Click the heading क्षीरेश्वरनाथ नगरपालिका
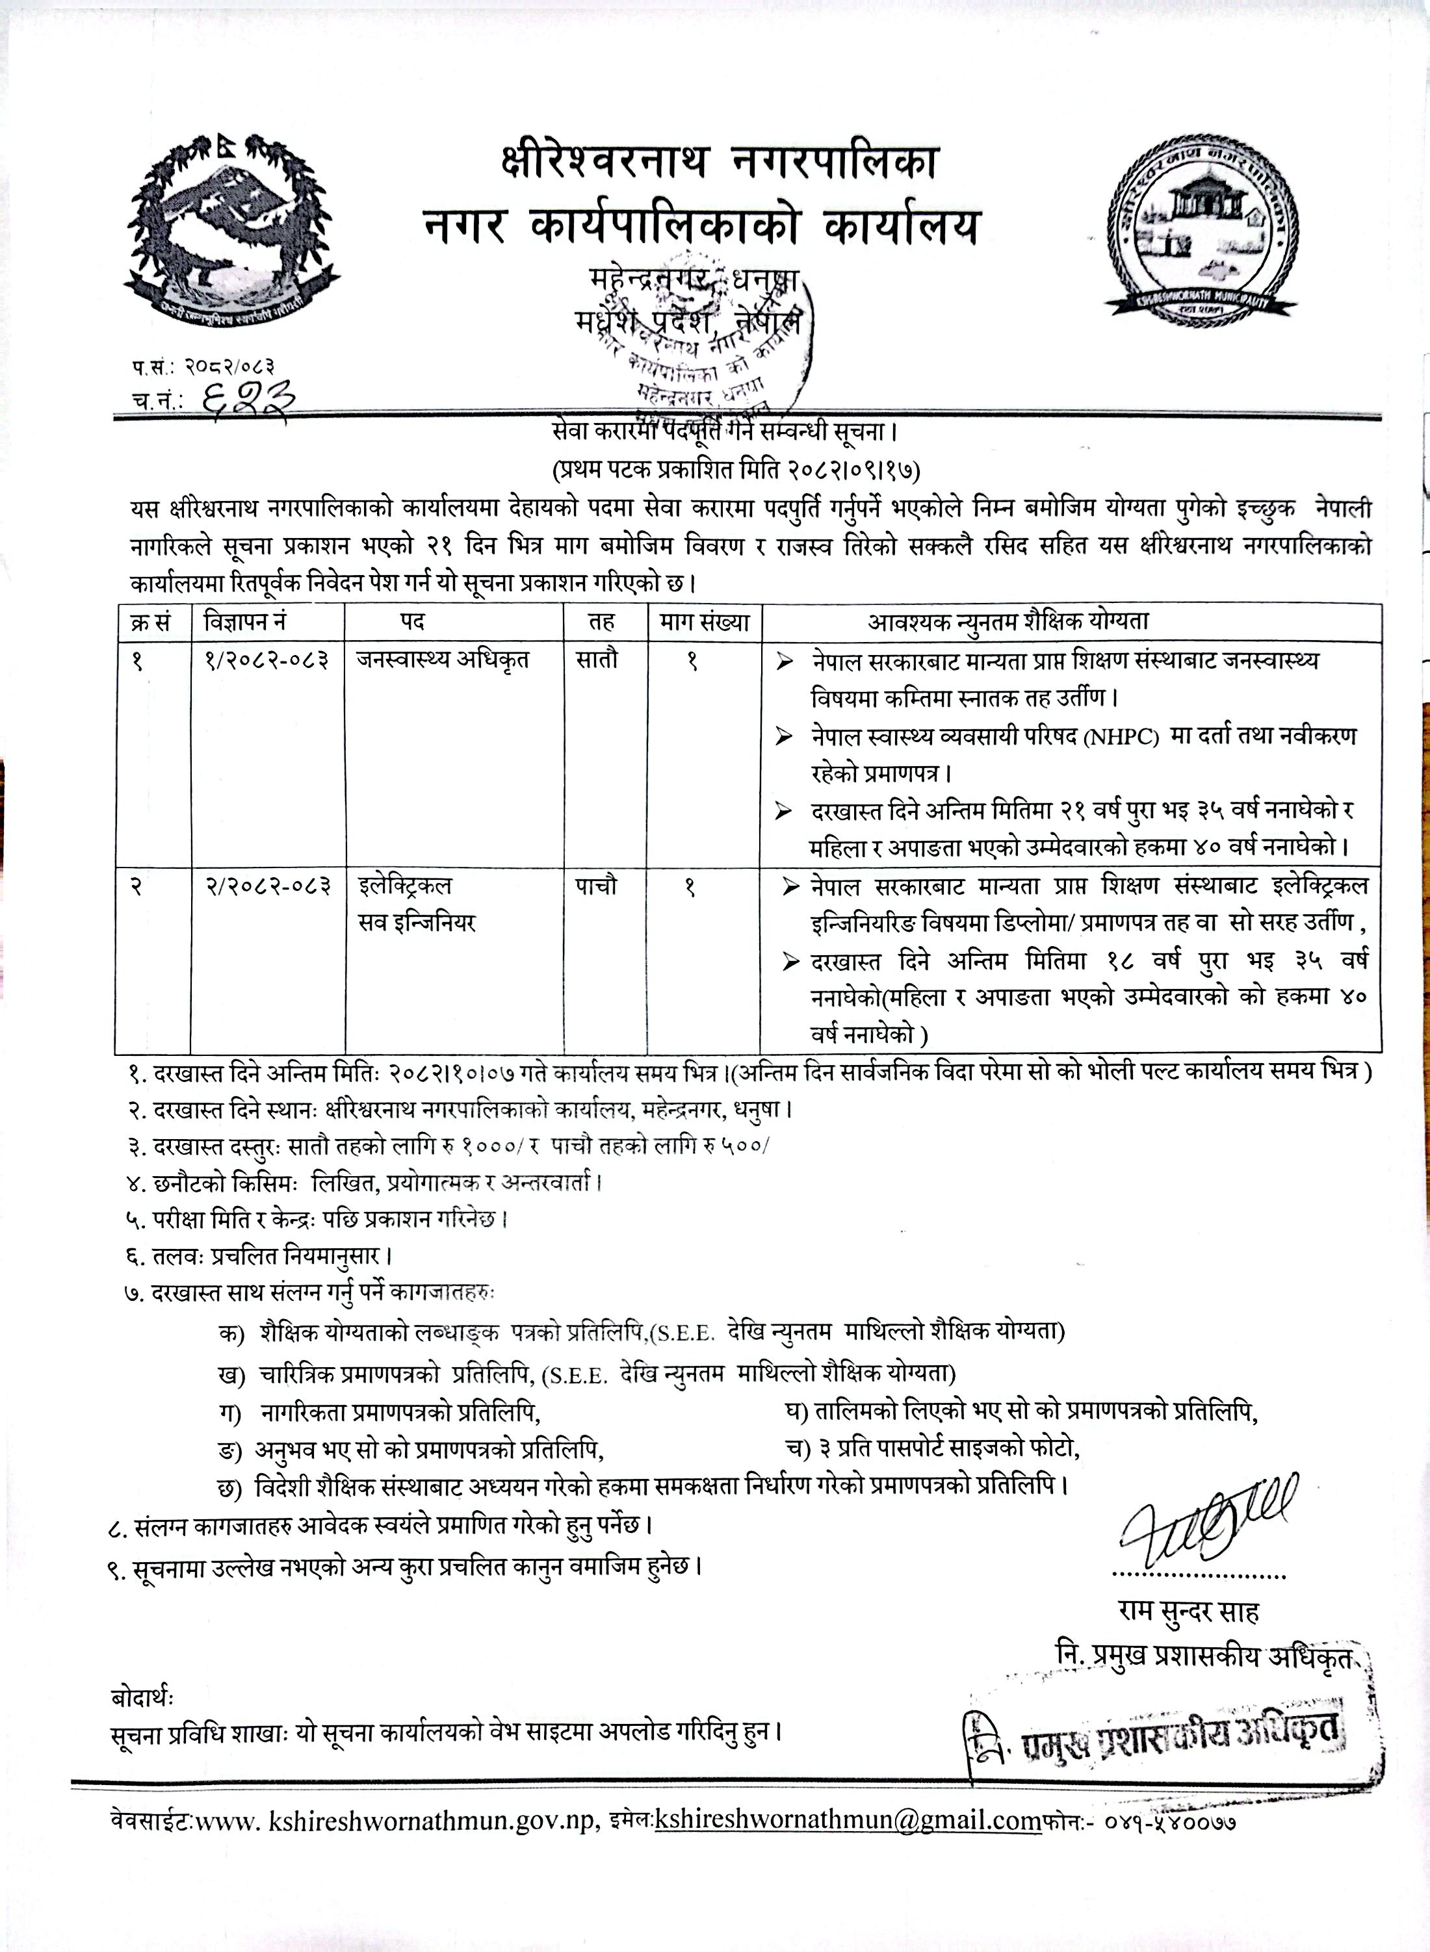click(718, 162)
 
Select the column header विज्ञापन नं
click(245, 622)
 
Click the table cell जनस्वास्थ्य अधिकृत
click(443, 660)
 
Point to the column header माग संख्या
click(704, 622)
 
